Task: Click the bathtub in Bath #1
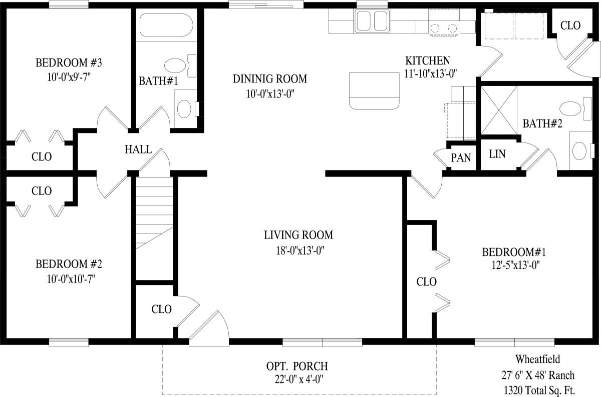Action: click(166, 25)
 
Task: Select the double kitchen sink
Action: click(372, 21)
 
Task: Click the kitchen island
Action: click(374, 91)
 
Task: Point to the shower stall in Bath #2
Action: click(499, 110)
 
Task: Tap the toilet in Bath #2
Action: click(576, 109)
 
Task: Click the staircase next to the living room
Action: click(155, 228)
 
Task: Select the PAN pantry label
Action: click(461, 158)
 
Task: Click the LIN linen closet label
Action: click(497, 154)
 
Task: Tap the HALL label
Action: click(138, 149)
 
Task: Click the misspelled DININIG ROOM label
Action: click(269, 79)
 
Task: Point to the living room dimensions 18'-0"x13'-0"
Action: click(300, 250)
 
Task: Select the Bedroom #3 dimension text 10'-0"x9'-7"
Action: click(69, 77)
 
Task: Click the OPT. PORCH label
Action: click(297, 366)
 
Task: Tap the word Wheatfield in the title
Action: click(538, 359)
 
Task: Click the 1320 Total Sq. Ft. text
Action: click(539, 390)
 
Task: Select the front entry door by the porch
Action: click(209, 328)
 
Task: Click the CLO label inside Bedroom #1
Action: click(426, 281)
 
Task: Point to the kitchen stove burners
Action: click(444, 27)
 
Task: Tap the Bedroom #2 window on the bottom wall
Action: click(69, 342)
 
